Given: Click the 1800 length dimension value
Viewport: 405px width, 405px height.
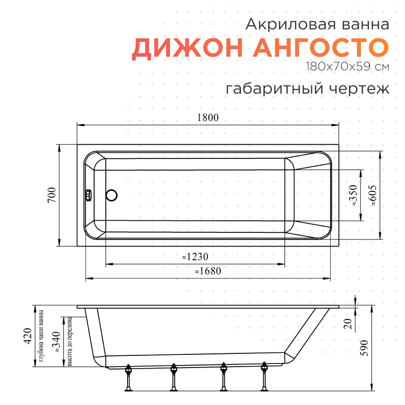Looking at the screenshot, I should pos(208,117).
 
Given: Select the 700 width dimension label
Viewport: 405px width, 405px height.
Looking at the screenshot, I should pos(51,195).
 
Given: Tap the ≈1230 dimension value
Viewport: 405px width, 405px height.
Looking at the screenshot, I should pos(195,257).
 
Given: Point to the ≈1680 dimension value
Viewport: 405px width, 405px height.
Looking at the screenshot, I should pos(208,271).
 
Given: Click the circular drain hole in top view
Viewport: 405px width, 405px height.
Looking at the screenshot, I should pos(111,195).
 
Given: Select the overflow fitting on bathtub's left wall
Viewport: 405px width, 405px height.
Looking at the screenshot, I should pos(89,195).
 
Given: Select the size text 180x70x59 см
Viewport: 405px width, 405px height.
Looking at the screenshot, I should pos(347,66).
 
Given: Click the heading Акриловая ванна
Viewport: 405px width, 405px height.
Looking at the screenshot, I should pos(317,24).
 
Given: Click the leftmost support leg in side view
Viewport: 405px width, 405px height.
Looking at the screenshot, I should pos(129,377).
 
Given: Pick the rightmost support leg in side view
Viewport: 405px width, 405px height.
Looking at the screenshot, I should pos(264,377).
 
